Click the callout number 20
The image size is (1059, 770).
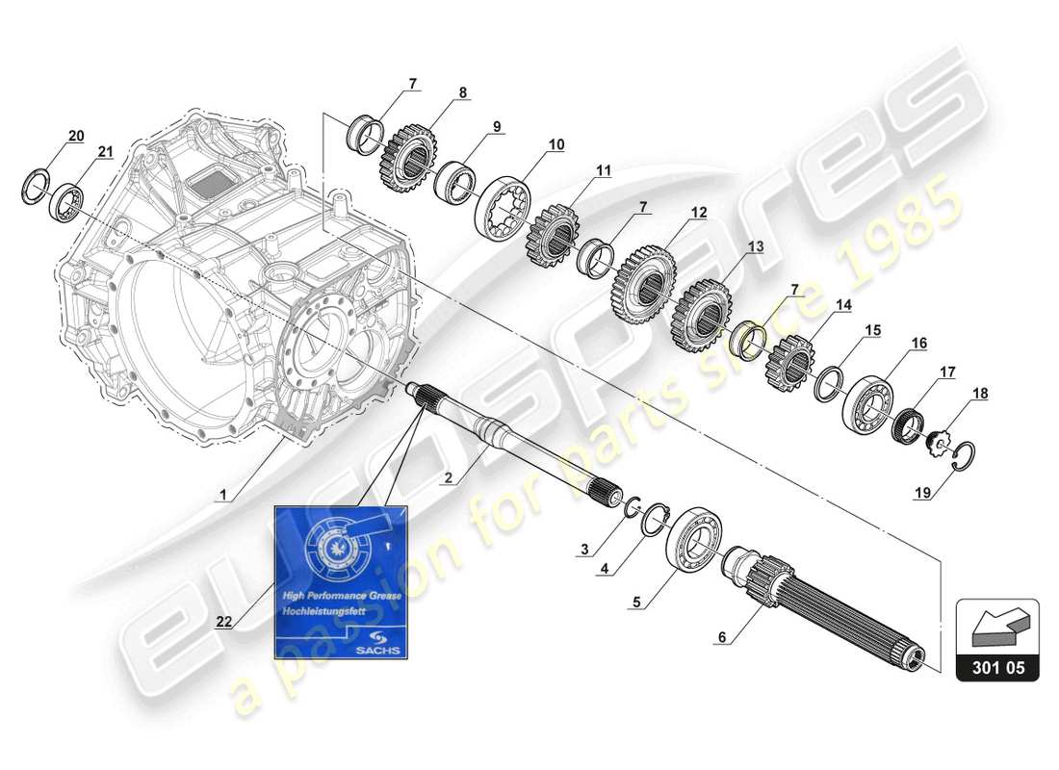77,134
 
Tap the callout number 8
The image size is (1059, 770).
462,92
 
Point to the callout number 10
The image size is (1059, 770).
556,144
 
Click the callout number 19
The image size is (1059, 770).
922,494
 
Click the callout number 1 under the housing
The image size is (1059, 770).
221,496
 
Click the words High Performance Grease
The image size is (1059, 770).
333,596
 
